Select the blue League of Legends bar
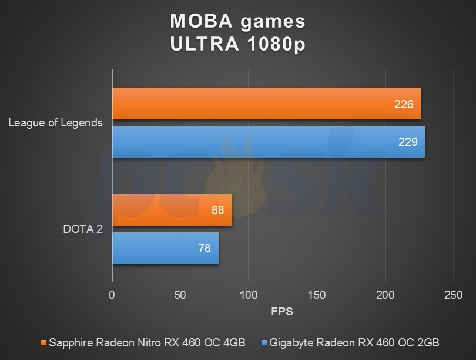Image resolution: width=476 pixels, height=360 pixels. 268,142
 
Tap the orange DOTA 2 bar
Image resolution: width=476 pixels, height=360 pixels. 172,210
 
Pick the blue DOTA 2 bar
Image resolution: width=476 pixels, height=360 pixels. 165,248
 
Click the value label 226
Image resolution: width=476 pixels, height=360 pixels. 404,105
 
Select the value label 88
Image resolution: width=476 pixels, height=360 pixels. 217,210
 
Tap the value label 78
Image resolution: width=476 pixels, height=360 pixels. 204,248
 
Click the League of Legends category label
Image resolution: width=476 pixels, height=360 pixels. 56,123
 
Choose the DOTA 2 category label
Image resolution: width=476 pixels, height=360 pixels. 83,229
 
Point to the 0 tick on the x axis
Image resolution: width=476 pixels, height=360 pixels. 112,294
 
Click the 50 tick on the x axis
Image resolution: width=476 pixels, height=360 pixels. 180,294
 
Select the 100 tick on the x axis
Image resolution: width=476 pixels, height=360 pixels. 249,294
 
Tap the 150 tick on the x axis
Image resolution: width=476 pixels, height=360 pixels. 317,294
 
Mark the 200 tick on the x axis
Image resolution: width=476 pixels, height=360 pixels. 385,294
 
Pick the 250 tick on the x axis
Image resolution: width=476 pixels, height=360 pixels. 453,294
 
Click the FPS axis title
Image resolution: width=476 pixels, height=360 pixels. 282,311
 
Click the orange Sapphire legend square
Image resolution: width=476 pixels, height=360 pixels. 43,342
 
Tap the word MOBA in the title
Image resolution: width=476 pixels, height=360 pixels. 202,21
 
